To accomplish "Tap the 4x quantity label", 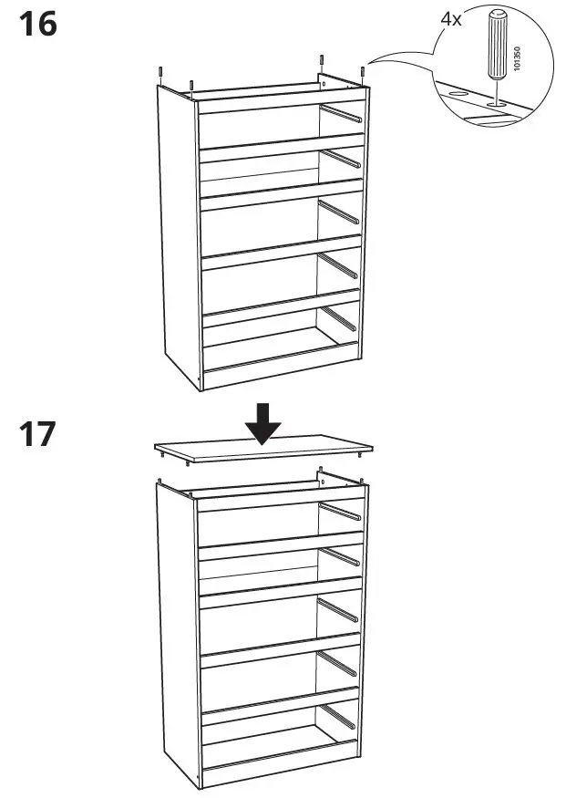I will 450,20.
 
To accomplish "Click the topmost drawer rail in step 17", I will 341,510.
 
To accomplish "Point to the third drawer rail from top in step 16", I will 341,212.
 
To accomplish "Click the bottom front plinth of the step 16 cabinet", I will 278,372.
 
